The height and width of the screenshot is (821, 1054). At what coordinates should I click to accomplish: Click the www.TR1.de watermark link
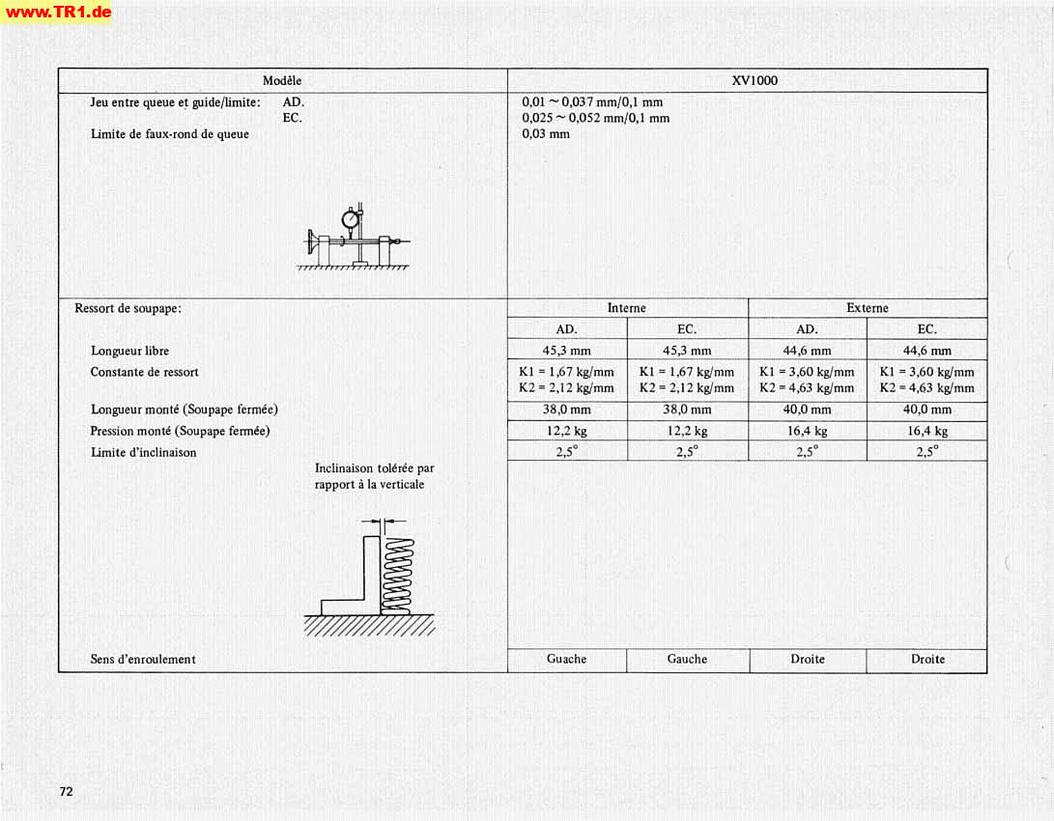57,13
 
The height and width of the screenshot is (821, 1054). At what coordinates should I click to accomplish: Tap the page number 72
67,791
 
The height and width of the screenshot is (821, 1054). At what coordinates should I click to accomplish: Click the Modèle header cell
282,81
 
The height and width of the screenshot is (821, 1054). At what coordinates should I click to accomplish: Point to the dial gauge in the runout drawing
350,219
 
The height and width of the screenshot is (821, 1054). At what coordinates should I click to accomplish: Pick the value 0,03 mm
546,134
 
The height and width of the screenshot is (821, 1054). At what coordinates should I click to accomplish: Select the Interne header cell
626,308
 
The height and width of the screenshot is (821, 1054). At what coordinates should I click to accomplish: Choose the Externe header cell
867,308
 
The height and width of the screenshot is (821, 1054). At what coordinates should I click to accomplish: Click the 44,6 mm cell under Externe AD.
807,351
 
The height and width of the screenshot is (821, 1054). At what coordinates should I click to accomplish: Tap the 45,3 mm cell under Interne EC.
687,351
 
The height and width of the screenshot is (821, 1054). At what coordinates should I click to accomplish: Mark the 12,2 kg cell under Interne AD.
566,432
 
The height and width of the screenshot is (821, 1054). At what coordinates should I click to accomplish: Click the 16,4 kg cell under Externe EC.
926,432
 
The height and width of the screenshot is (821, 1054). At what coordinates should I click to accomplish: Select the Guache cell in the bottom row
566,660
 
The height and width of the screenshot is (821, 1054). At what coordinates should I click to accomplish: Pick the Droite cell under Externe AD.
807,660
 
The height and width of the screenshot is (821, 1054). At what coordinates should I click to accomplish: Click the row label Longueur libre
129,351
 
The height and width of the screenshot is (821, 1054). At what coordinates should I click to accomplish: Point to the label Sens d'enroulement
143,660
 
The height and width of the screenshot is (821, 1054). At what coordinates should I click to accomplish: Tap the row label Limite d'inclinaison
143,452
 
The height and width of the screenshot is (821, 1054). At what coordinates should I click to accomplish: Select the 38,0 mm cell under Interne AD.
566,410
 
